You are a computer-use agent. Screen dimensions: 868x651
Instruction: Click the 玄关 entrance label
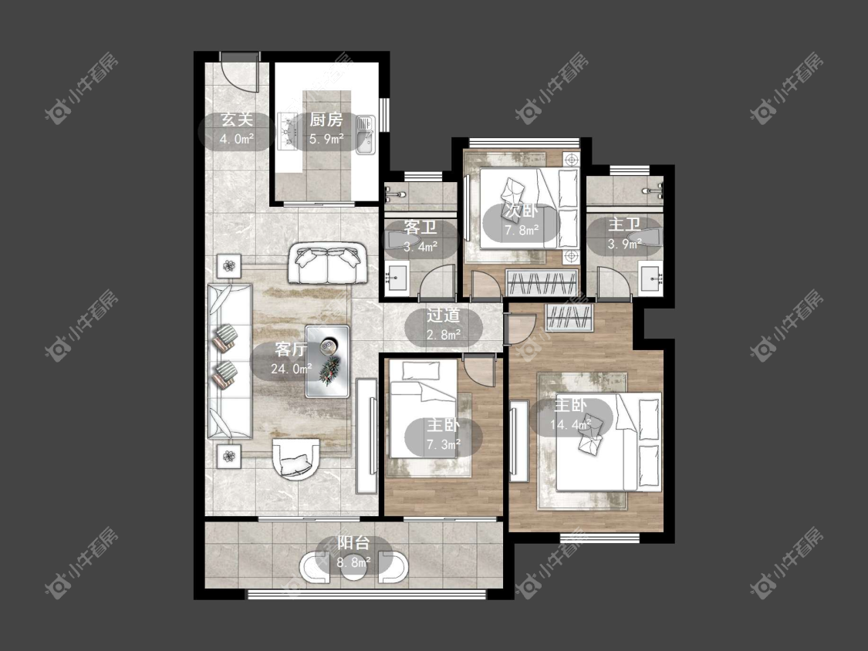[x=237, y=120]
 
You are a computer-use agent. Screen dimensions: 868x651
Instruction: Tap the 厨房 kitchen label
[x=326, y=120]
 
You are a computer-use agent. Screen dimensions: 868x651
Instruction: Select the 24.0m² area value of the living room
[x=291, y=369]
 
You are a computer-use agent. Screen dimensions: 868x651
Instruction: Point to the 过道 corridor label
[x=444, y=315]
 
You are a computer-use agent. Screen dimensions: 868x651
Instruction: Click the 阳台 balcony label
[x=353, y=543]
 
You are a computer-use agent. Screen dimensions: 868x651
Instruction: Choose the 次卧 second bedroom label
[x=521, y=211]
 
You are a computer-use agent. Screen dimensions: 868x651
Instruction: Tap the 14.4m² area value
[x=571, y=424]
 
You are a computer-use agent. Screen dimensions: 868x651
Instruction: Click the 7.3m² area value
[x=444, y=444]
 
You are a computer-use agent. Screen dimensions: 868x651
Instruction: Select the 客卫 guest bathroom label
[x=420, y=228]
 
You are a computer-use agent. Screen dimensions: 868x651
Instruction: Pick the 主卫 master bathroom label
[x=624, y=224]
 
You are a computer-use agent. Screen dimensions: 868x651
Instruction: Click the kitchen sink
[x=365, y=134]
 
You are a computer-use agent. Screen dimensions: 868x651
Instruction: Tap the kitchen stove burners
[x=287, y=131]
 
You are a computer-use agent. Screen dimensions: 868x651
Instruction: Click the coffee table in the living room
[x=328, y=361]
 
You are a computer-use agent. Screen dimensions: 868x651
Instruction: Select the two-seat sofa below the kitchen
[x=327, y=264]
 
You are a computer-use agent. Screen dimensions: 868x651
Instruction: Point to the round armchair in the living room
[x=296, y=459]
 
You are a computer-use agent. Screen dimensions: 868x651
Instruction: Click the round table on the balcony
[x=353, y=572]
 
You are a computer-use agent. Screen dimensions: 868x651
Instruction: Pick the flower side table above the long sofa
[x=229, y=266]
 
